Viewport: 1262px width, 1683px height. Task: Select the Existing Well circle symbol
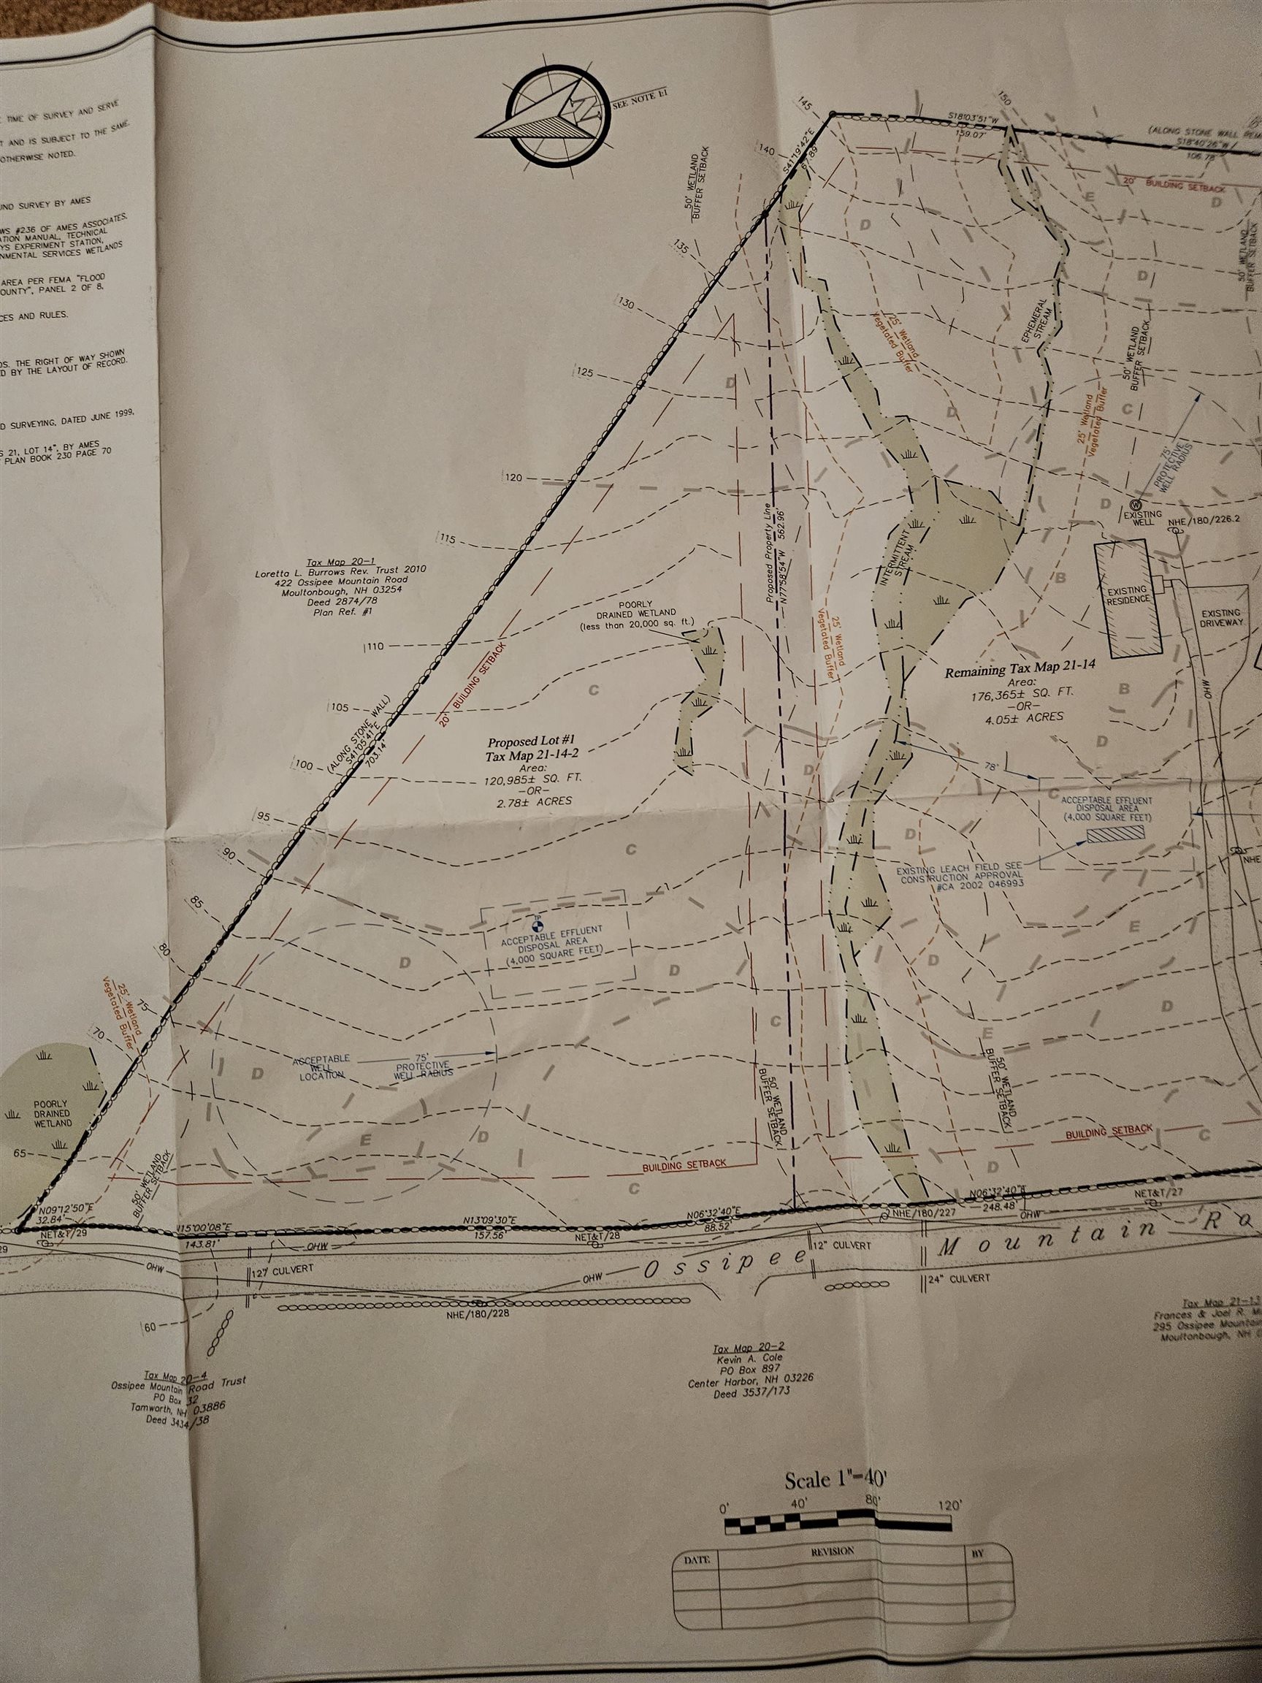pyautogui.click(x=1136, y=505)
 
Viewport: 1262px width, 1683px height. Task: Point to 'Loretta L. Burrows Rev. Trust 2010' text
pyautogui.click(x=342, y=569)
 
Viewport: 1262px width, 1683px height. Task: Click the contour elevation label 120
pyautogui.click(x=514, y=478)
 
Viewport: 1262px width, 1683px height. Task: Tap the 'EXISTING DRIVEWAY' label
pyautogui.click(x=1221, y=617)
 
